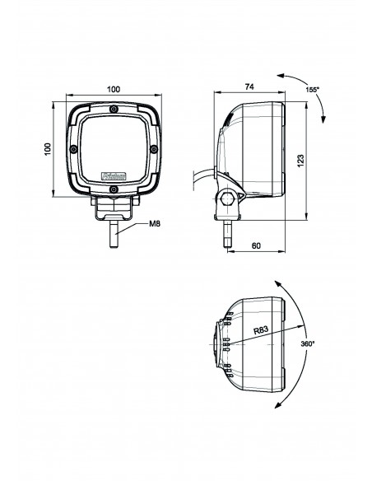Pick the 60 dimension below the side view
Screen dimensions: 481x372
(258, 245)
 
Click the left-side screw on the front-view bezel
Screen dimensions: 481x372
(75, 149)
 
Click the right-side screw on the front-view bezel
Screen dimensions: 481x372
(151, 149)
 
